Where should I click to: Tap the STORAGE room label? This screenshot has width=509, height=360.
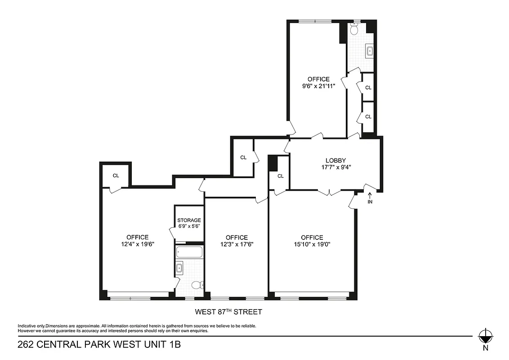189,220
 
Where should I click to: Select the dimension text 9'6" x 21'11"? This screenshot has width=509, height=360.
318,86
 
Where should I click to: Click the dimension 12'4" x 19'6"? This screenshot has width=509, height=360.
138,244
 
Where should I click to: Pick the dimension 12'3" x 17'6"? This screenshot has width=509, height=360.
237,244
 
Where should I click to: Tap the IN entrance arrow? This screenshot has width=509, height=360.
370,195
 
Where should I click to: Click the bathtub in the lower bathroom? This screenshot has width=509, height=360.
189,252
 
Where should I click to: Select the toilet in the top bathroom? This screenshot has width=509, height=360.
354,30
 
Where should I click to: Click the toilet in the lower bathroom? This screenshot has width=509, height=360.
196,285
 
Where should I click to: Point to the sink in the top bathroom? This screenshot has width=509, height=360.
370,51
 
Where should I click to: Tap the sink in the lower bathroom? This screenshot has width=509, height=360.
179,269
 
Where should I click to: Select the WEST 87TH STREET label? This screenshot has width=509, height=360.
228,312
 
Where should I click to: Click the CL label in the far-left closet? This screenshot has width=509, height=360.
116,175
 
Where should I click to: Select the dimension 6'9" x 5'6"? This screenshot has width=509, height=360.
189,227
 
